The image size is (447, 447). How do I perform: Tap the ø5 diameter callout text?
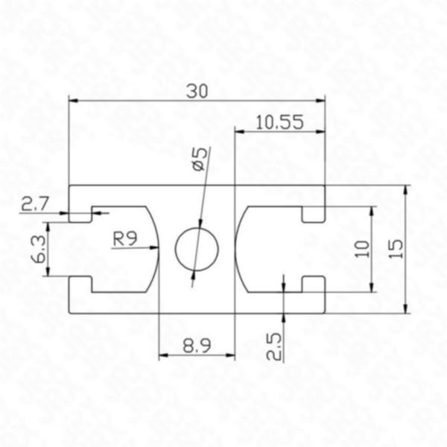point(199,159)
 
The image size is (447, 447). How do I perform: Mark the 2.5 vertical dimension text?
point(273,346)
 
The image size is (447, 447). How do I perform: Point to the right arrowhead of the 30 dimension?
point(322,99)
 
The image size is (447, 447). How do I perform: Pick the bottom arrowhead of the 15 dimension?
point(405,309)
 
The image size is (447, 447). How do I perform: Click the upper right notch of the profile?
point(314,214)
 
